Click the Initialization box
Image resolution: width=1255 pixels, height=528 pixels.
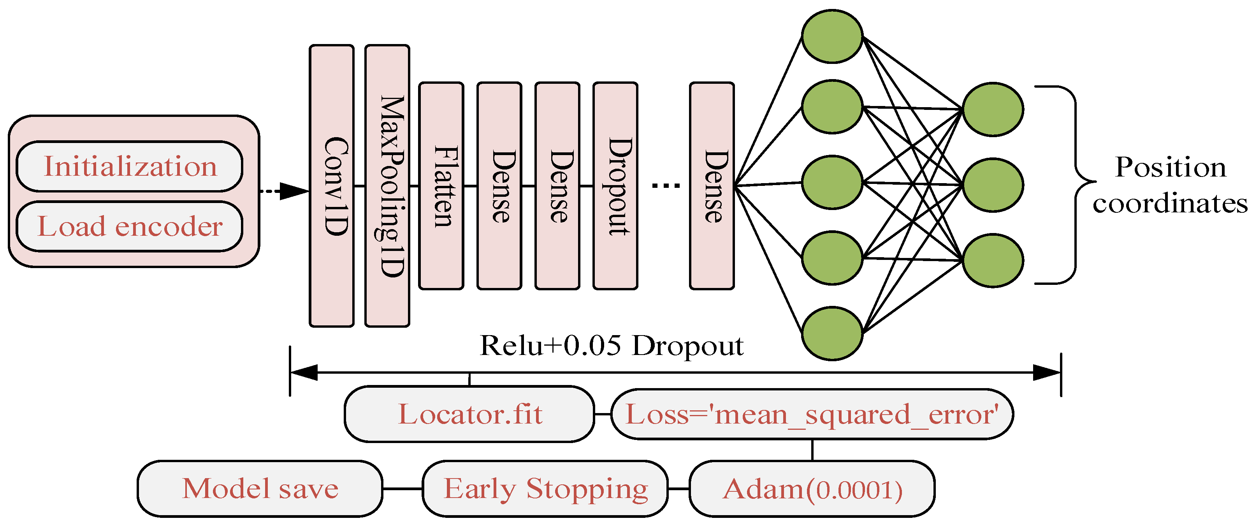[130, 166]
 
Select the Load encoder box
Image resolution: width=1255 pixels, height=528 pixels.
[130, 226]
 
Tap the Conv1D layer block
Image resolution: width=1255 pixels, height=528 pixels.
[332, 186]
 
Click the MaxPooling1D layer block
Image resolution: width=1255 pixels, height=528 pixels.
[387, 186]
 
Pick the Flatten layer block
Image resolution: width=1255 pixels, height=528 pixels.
[441, 186]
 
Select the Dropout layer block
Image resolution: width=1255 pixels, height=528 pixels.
[615, 186]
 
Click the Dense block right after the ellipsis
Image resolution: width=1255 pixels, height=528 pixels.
[712, 186]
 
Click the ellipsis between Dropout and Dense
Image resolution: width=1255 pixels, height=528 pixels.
[666, 185]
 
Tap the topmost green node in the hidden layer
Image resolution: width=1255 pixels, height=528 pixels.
[832, 37]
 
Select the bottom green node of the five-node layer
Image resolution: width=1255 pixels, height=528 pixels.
[832, 334]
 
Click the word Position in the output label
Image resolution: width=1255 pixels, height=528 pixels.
[1170, 168]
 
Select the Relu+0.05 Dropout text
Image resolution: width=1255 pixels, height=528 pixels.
[612, 346]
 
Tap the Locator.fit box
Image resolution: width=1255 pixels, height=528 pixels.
[469, 414]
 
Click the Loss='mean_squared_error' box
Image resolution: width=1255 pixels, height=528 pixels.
[812, 414]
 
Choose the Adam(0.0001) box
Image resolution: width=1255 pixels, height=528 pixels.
[812, 489]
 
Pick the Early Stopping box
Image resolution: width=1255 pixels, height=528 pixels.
[545, 489]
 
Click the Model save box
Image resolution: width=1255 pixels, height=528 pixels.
[260, 489]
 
